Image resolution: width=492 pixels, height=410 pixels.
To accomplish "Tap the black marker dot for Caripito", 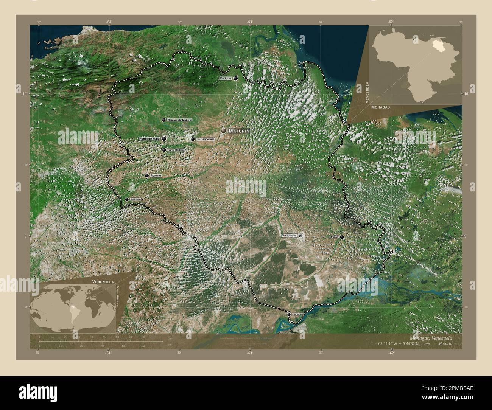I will click(x=236, y=78).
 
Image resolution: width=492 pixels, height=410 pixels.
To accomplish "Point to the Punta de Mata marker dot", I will click(x=164, y=139).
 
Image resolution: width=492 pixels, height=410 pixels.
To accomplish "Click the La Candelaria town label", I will click(x=205, y=139).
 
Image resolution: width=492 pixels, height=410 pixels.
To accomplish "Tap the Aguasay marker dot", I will click(x=147, y=175).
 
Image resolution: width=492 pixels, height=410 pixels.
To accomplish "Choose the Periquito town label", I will click(x=135, y=199).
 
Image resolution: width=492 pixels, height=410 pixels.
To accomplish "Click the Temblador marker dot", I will click(x=300, y=235).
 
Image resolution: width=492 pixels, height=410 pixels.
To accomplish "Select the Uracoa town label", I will click(x=334, y=237).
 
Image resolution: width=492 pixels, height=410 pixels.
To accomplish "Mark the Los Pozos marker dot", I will click(x=289, y=314).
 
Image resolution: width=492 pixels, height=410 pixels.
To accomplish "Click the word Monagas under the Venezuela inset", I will click(x=380, y=107).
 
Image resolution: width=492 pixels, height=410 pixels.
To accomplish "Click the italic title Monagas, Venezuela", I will click(x=431, y=337).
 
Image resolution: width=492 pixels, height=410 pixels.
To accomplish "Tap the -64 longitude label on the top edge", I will click(x=109, y=22).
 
